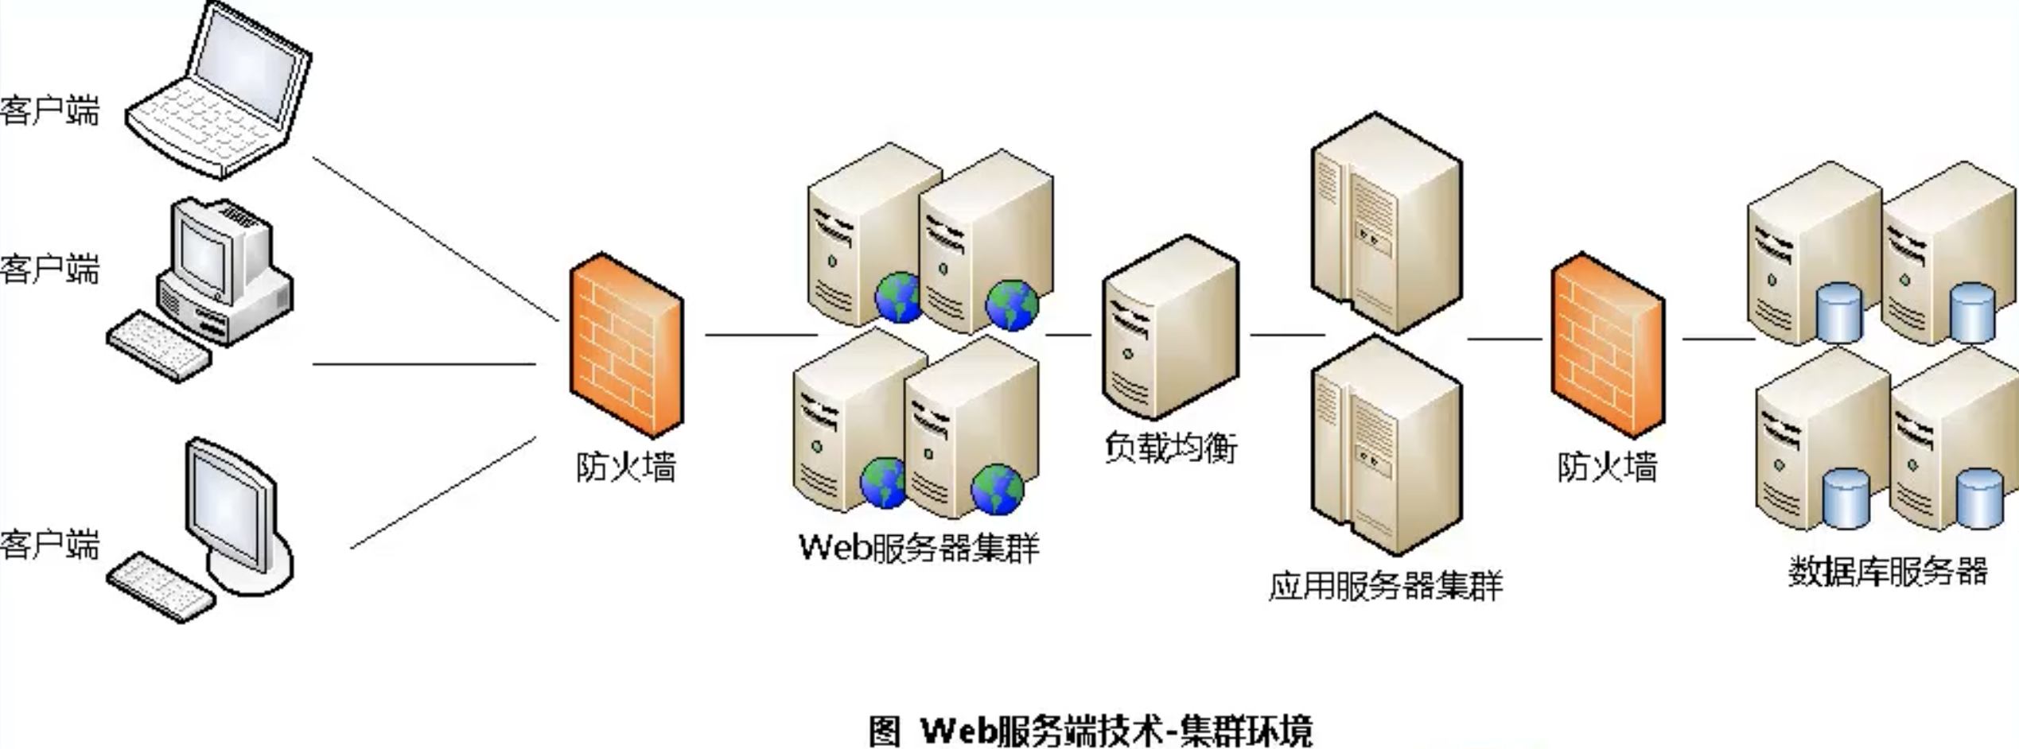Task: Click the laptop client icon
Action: tap(219, 91)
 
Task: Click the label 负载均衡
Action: tap(1170, 448)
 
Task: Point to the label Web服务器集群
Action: tap(919, 548)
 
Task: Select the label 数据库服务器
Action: tap(1888, 571)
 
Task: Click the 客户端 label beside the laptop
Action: tap(49, 110)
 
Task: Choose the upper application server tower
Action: tap(1386, 223)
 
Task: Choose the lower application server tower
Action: tap(1386, 445)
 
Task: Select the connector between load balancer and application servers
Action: tap(1286, 335)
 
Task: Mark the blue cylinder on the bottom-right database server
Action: tap(1979, 499)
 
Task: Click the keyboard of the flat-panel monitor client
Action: tap(161, 587)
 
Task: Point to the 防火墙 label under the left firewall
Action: tap(626, 467)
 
